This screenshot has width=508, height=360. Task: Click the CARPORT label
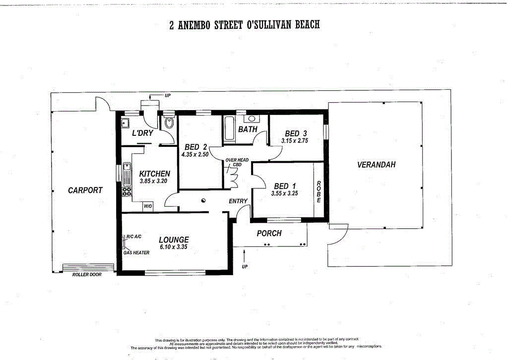[85, 190]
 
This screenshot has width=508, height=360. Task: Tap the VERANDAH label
[377, 165]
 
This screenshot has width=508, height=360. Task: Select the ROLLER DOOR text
[87, 274]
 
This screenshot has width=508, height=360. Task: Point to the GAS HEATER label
[136, 253]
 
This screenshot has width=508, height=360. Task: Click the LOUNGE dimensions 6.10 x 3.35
[174, 247]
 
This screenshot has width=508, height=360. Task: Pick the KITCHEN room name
[155, 174]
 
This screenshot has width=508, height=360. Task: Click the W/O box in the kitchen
[147, 206]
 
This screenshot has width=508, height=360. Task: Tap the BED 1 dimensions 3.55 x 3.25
[284, 194]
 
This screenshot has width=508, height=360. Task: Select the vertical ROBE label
[319, 191]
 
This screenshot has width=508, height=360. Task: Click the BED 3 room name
[296, 133]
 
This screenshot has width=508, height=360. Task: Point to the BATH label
[248, 129]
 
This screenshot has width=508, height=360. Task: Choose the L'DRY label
[142, 133]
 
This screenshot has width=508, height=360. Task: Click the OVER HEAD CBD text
[237, 163]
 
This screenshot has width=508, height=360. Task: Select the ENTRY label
[238, 201]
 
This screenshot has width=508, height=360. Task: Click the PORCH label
[269, 233]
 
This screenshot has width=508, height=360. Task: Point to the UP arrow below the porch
[244, 257]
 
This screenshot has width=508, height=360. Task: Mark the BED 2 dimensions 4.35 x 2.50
[195, 155]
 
